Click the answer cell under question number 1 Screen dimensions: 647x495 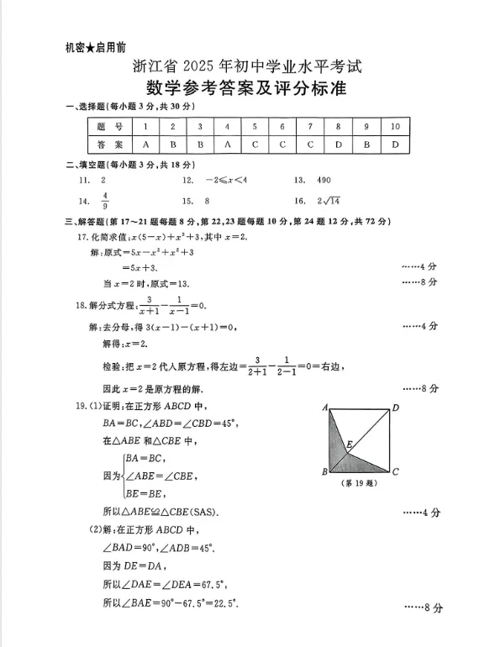[145, 145]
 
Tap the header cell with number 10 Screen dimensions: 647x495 [395, 126]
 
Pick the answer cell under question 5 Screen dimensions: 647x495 [255, 145]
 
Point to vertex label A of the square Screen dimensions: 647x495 [324, 408]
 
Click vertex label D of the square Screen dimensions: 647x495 [396, 408]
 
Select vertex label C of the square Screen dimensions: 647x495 [395, 472]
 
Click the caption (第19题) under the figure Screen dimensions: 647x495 [359, 484]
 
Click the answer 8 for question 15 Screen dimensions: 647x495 [206, 201]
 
